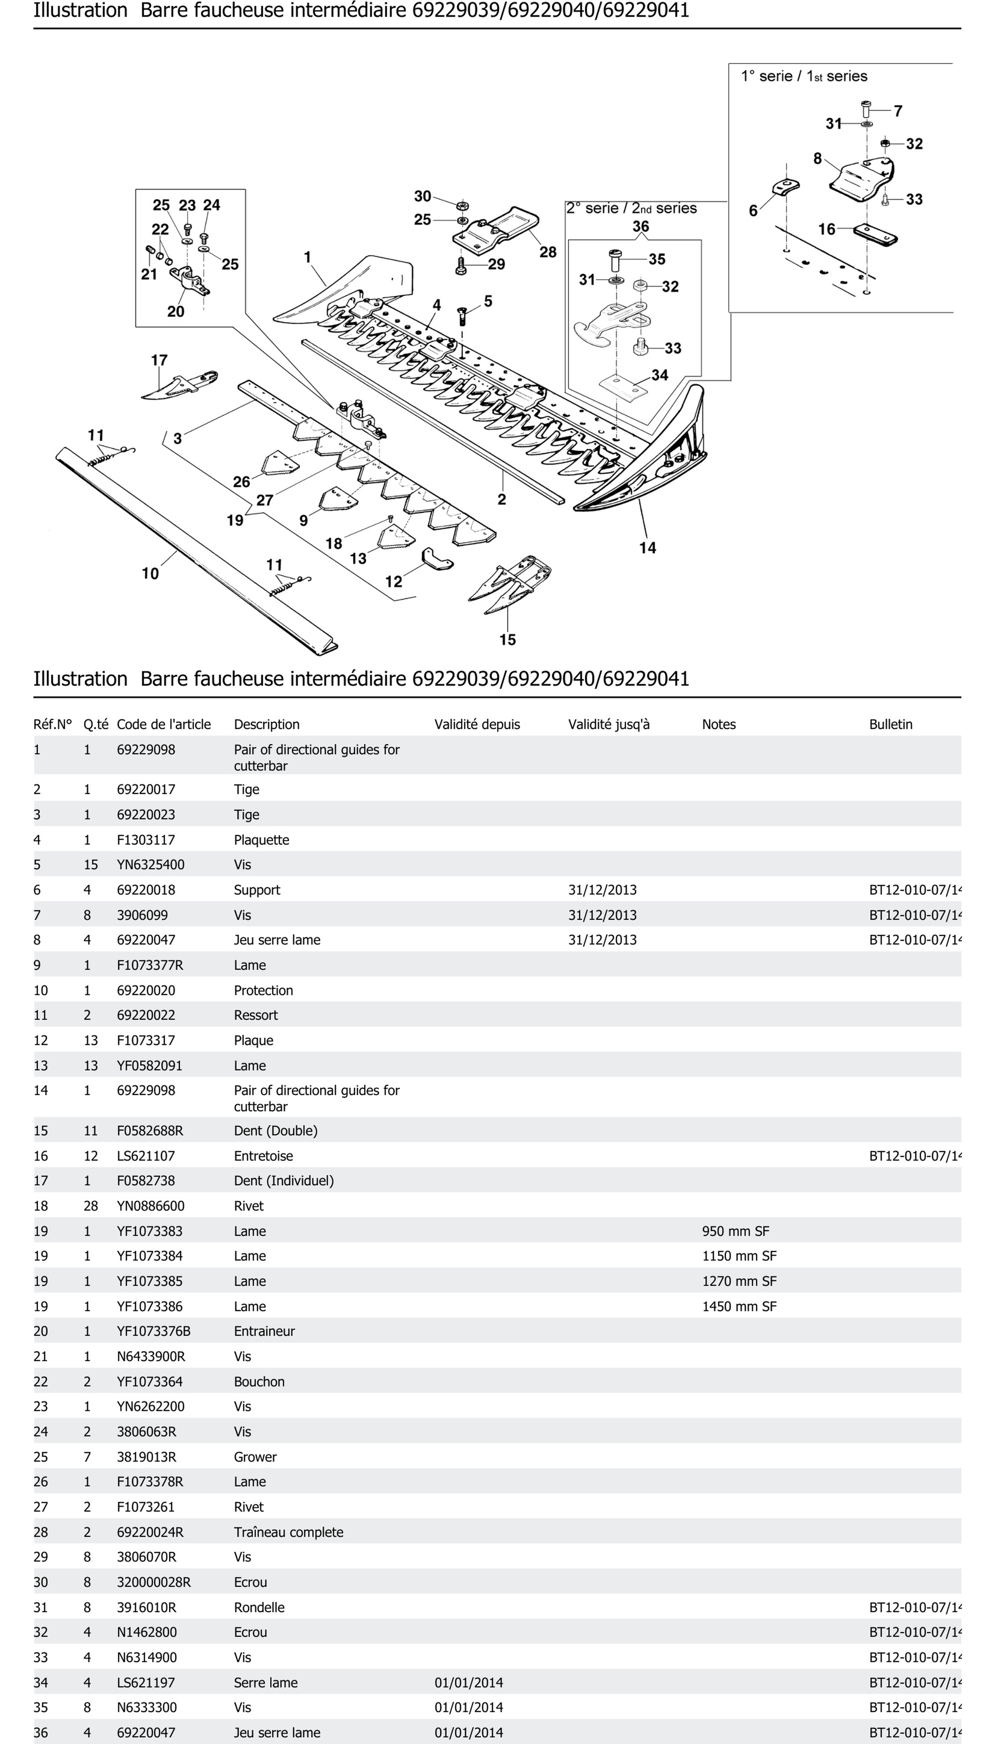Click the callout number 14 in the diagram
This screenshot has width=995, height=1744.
[647, 548]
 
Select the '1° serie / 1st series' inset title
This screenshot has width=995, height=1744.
[804, 76]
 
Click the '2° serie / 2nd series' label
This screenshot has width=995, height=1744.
[631, 208]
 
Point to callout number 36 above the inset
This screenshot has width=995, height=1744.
[640, 226]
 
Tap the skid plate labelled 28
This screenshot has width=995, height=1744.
[496, 229]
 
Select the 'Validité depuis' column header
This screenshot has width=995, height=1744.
[477, 725]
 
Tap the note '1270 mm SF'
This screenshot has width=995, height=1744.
[739, 1281]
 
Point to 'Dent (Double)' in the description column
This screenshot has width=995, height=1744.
[275, 1130]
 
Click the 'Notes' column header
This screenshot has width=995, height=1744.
[719, 725]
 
